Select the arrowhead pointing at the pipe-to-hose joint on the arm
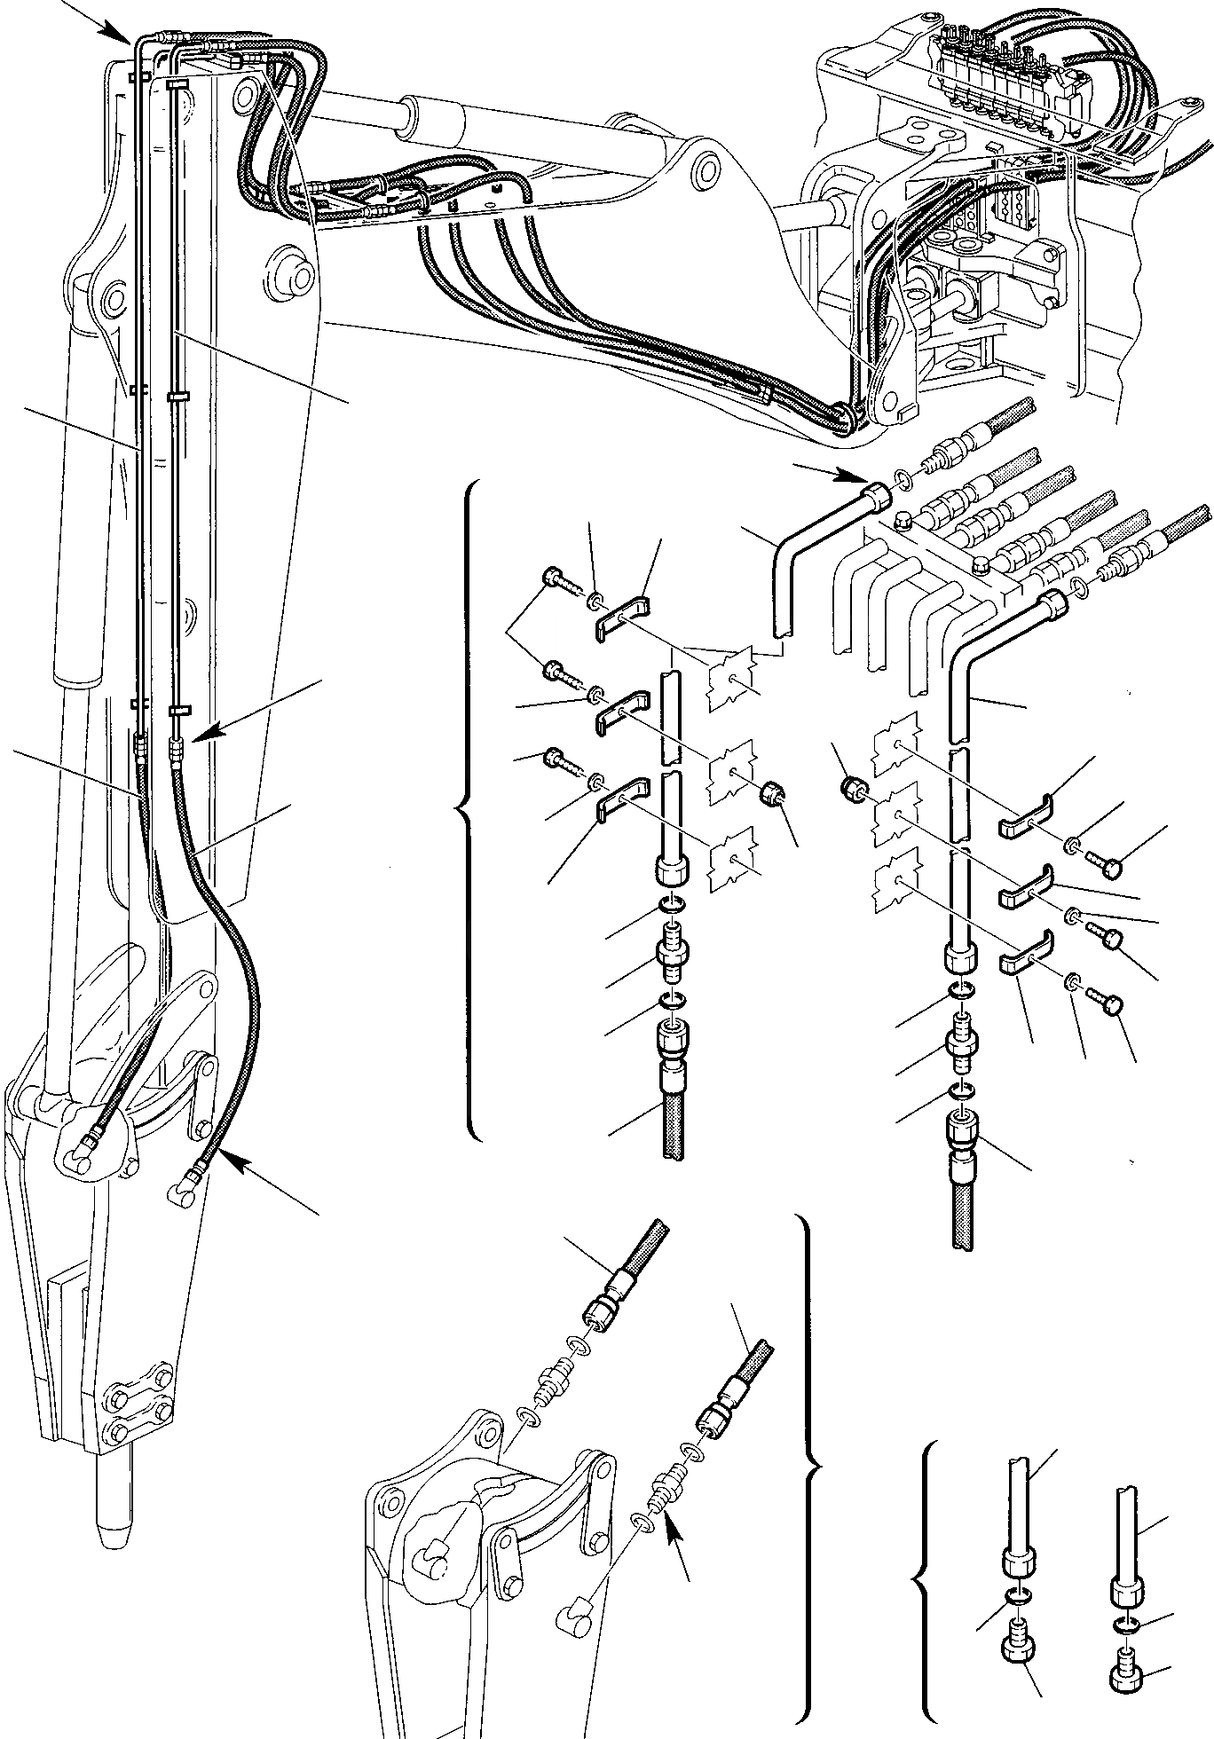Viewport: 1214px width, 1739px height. [197, 736]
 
